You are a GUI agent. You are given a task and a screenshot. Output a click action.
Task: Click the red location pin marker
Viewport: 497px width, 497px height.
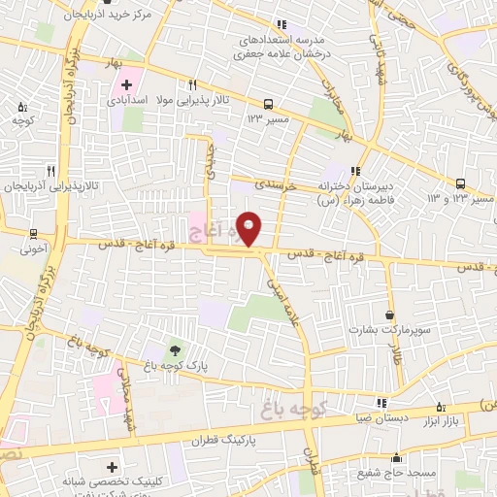[x=249, y=229]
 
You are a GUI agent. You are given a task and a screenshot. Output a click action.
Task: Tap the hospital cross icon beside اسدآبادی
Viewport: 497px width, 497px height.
[x=127, y=84]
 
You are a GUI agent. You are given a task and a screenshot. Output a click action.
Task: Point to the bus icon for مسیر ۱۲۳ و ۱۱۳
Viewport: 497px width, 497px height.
[x=461, y=182]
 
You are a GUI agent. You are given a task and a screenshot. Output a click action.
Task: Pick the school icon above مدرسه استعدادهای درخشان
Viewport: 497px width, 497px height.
[x=282, y=25]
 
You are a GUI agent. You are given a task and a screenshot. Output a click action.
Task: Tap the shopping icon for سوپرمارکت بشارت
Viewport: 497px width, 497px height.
[x=390, y=315]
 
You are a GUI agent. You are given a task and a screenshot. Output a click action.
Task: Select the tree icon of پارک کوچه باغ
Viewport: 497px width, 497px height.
[x=174, y=349]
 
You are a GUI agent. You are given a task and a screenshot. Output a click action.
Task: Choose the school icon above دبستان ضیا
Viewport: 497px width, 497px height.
[x=381, y=402]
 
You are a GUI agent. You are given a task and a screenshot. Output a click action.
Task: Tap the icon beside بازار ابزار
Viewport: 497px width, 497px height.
[x=442, y=407]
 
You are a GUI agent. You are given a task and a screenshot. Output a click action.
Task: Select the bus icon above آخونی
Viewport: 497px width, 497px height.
[x=34, y=233]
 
